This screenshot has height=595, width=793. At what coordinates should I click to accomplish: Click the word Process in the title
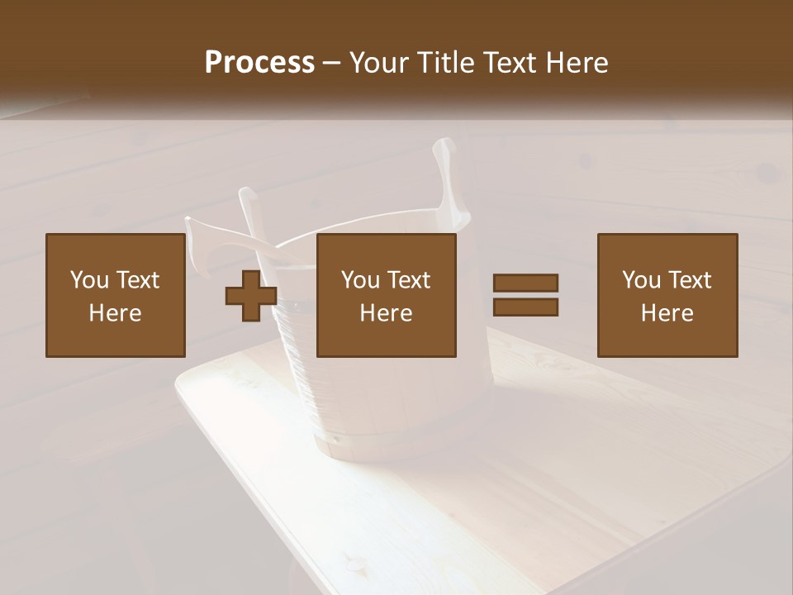[x=259, y=62]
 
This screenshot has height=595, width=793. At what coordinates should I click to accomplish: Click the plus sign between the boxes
[x=251, y=296]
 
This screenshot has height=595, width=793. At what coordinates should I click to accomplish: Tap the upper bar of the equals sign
[x=525, y=283]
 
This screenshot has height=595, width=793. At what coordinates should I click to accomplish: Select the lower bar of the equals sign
[x=525, y=307]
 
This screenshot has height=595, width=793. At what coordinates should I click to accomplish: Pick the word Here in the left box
[x=115, y=313]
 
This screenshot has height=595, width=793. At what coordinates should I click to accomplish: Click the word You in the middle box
[x=359, y=280]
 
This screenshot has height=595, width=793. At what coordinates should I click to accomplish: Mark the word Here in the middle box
[x=386, y=313]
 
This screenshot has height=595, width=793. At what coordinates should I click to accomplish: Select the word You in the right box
[x=640, y=280]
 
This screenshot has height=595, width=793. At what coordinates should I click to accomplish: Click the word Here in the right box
[x=667, y=313]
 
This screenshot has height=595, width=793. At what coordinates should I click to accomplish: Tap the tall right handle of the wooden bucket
[x=449, y=178]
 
